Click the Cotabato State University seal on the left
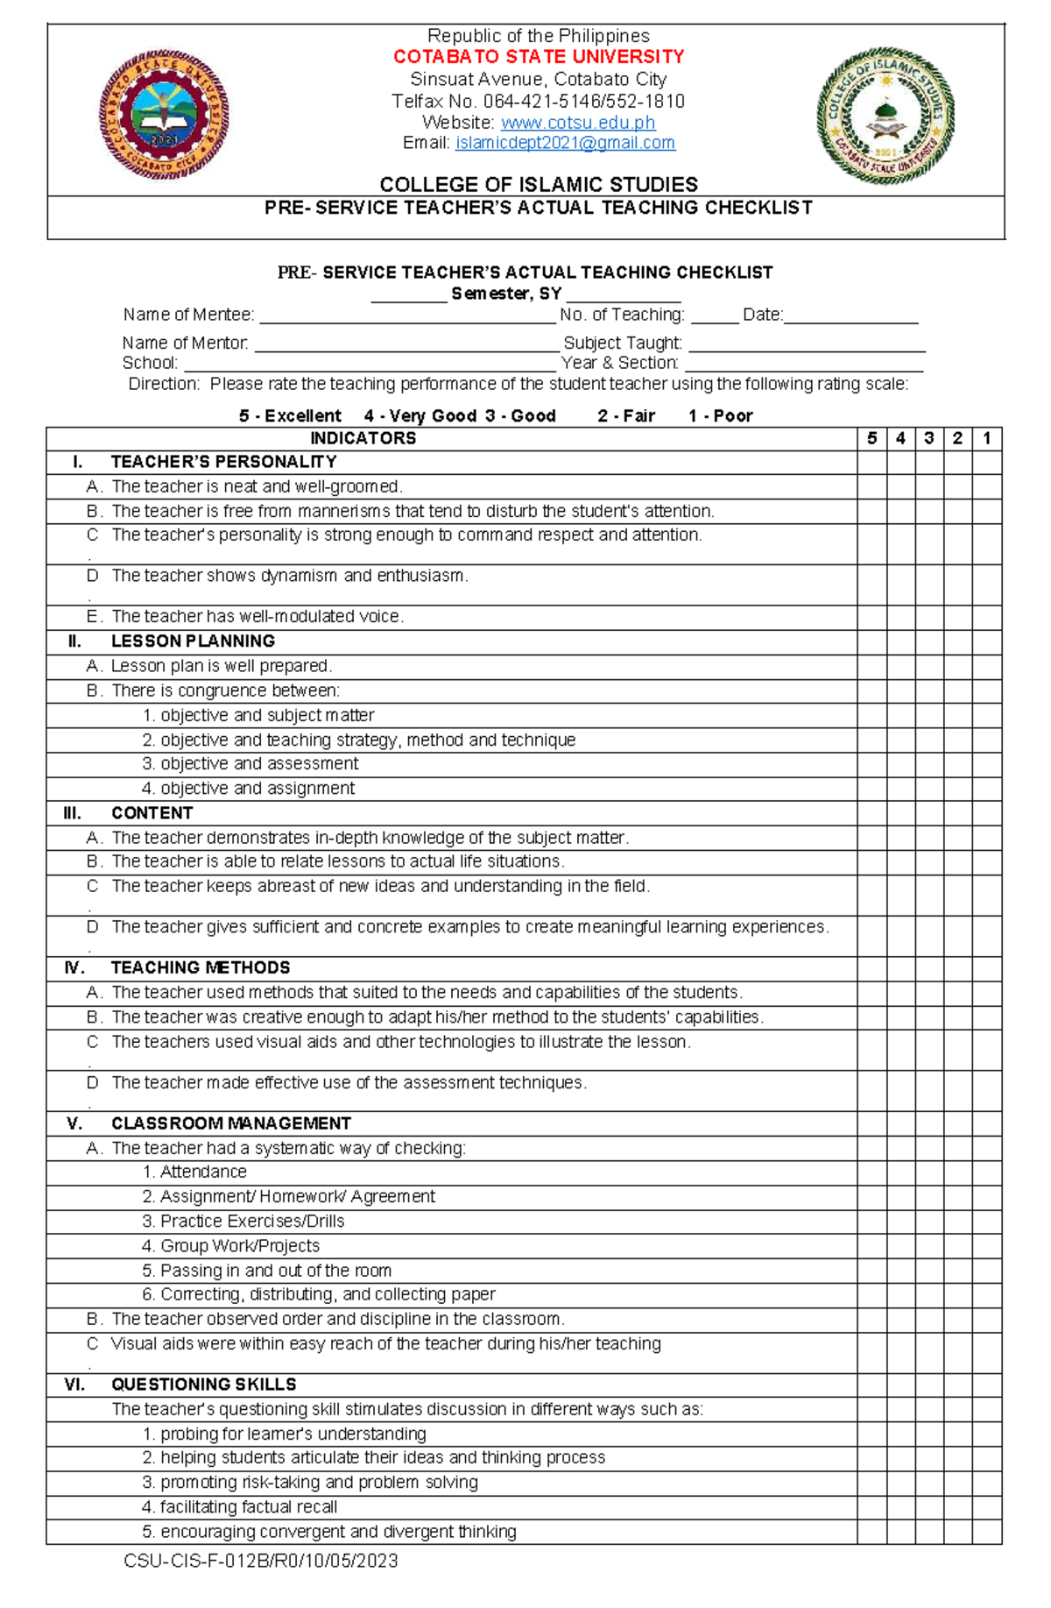coord(165,115)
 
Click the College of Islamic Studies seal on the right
coord(885,115)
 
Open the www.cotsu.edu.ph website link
coord(578,123)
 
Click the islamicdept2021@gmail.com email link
coord(565,143)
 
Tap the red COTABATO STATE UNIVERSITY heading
coord(539,57)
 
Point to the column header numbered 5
coord(871,439)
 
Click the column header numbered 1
coord(987,439)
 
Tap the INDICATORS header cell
coord(363,439)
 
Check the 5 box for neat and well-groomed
coord(871,487)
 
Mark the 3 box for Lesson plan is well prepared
coord(929,666)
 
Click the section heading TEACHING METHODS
coord(201,968)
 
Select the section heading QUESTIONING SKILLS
coord(203,1385)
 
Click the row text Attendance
coord(203,1172)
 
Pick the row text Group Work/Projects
coord(240,1246)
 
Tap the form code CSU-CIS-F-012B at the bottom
coord(261,1561)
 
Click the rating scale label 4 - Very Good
coord(420,416)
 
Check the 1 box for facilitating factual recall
coord(987,1507)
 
